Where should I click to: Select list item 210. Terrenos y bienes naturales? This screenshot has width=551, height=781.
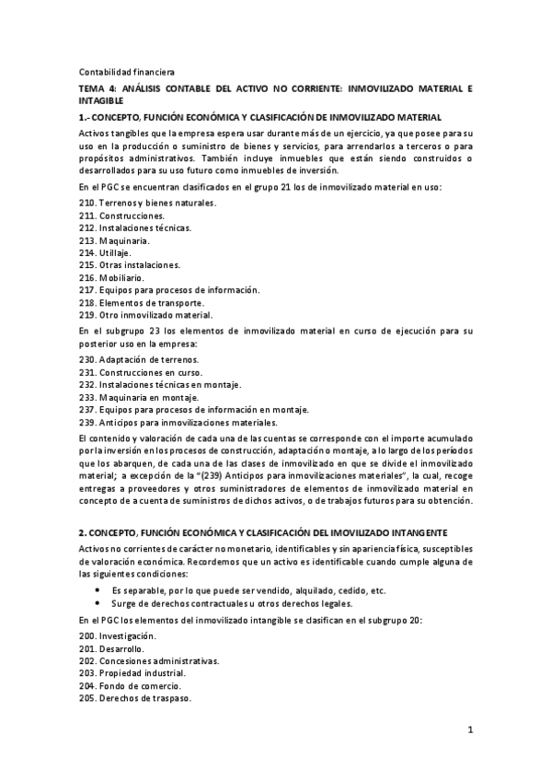click(147, 202)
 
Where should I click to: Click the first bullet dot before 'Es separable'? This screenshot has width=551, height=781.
click(98, 590)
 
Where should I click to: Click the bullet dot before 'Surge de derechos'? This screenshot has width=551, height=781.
click(98, 603)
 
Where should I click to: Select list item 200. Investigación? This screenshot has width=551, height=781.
click(118, 636)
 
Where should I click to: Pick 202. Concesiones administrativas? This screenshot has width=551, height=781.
click(148, 661)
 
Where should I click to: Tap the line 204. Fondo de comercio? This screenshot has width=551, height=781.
click(130, 686)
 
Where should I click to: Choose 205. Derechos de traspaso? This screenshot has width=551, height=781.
click(134, 699)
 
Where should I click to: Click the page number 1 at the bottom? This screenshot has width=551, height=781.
click(469, 732)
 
